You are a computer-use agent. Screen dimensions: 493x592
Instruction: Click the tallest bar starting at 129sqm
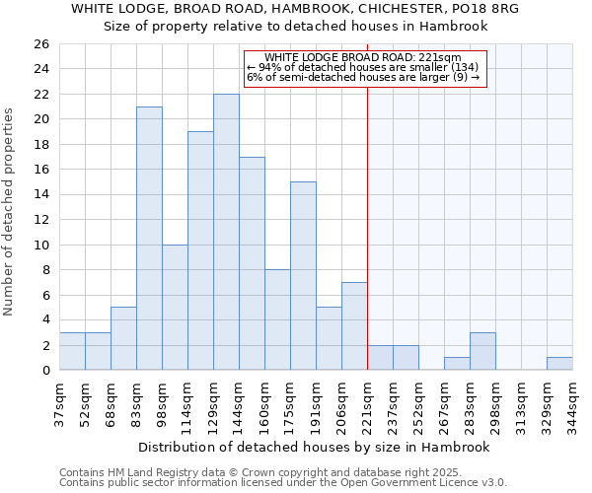pyautogui.click(x=226, y=232)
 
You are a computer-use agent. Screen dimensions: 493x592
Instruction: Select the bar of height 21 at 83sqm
pyautogui.click(x=149, y=238)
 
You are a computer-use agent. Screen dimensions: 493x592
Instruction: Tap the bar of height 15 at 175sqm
pyautogui.click(x=303, y=275)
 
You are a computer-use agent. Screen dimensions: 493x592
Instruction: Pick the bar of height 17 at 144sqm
pyautogui.click(x=252, y=263)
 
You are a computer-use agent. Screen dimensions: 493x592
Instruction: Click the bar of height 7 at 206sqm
pyautogui.click(x=354, y=325)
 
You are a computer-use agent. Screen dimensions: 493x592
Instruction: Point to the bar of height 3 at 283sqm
pyautogui.click(x=482, y=351)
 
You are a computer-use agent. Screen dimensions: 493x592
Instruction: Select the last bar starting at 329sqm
pyautogui.click(x=559, y=364)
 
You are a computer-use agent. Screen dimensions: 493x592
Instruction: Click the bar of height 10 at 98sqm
pyautogui.click(x=175, y=307)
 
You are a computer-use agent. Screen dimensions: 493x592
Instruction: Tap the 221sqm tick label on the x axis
pyautogui.click(x=367, y=400)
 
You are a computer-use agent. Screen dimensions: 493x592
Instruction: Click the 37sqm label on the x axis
pyautogui.click(x=59, y=398)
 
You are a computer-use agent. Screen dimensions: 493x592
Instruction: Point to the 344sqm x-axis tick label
pyautogui.click(x=572, y=400)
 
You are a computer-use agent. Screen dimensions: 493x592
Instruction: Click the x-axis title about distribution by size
pyautogui.click(x=314, y=447)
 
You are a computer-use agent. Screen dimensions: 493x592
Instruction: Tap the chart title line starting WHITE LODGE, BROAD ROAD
pyautogui.click(x=295, y=8)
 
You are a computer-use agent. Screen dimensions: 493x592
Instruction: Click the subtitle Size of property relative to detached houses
pyautogui.click(x=296, y=27)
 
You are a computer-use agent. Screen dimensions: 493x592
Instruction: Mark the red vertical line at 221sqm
pyautogui.click(x=367, y=227)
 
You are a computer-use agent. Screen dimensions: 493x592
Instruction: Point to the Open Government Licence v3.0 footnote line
pyautogui.click(x=283, y=483)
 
